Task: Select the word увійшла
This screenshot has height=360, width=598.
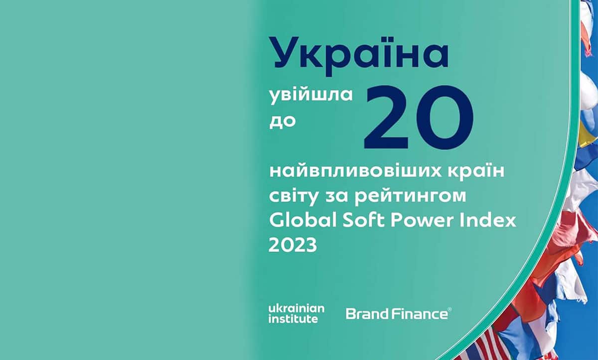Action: pyautogui.click(x=311, y=96)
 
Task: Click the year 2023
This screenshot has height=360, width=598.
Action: pyautogui.click(x=293, y=245)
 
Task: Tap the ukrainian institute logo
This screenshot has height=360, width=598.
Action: pyautogui.click(x=296, y=314)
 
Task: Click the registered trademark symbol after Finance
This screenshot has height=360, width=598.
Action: pyautogui.click(x=449, y=310)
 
